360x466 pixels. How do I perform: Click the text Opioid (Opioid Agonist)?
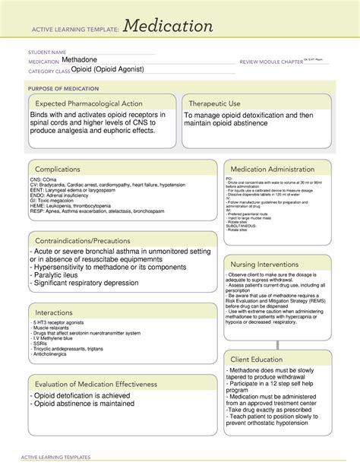102,70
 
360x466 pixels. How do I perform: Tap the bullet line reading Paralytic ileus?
63,277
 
